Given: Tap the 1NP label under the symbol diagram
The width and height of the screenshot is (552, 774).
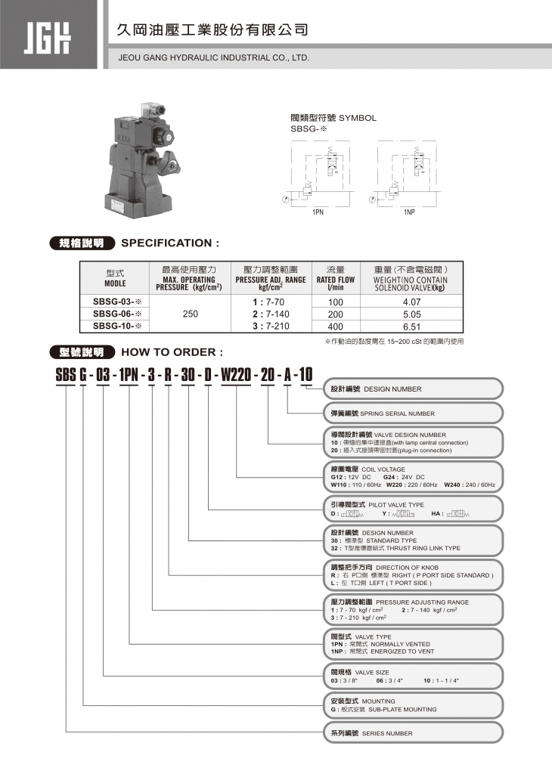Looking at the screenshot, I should pos(409,213).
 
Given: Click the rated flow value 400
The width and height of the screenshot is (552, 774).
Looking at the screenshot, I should pos(335,327).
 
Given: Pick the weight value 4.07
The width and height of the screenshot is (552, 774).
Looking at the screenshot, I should pos(411,302).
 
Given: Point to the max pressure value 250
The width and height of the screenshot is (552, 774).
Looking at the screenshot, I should pos(190,314).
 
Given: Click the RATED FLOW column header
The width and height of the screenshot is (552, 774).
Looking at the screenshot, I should pos(335,280).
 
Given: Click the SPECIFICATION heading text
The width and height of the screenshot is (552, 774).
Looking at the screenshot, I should pos(170,243).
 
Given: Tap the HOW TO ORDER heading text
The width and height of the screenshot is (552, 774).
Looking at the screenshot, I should pos(172,351).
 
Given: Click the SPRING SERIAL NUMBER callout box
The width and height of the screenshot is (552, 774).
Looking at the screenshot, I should pos(413,413).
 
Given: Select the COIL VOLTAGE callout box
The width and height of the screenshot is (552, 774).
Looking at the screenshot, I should pos(413,477).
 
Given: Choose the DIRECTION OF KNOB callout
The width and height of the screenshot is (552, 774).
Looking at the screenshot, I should pos(413,575).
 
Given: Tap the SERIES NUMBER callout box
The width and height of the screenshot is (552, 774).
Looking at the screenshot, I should pos(413,733).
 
